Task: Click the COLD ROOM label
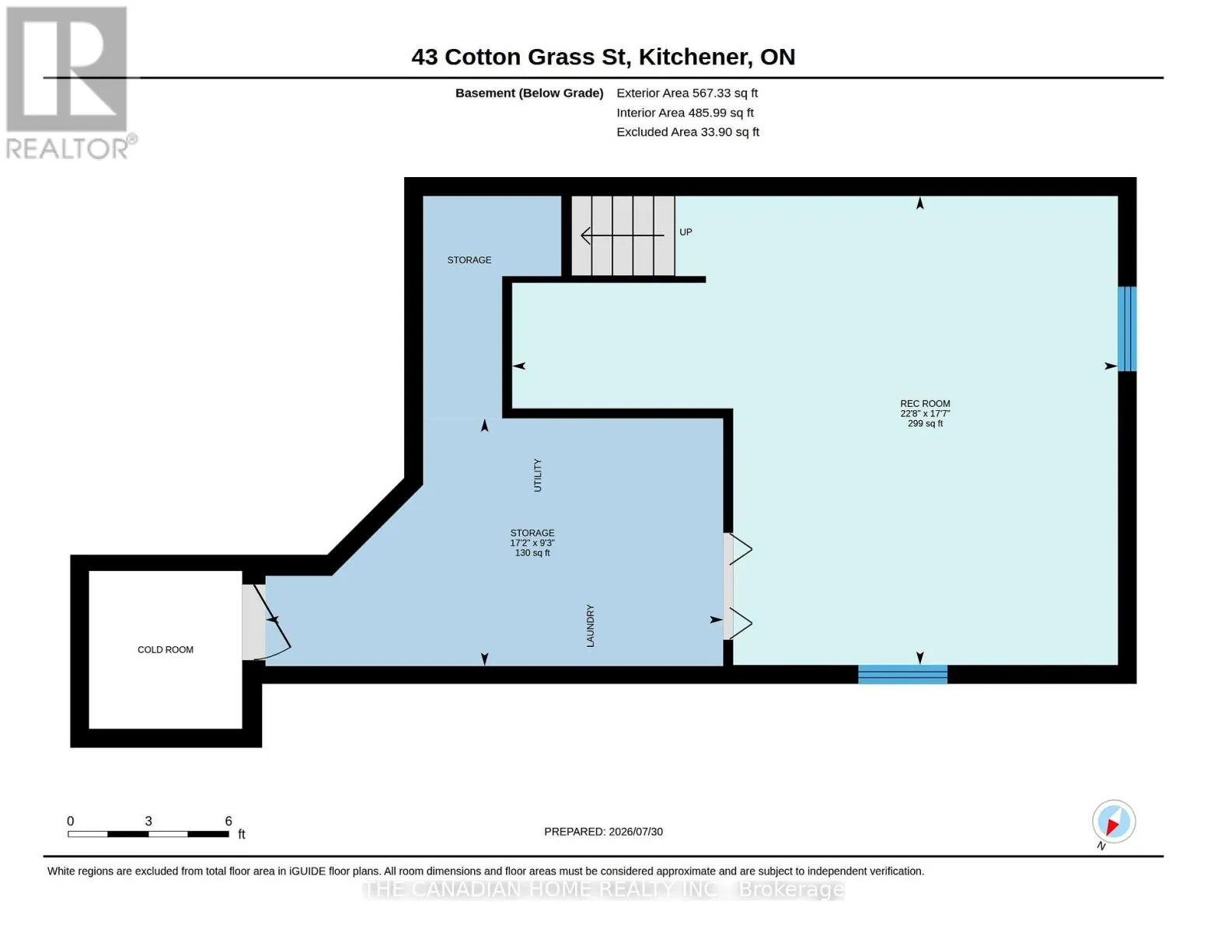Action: coord(166,649)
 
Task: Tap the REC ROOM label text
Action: coord(925,404)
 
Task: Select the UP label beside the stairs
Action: coord(685,232)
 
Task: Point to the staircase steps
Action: coord(623,235)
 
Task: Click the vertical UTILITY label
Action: coord(537,475)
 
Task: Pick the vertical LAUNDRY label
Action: coord(590,625)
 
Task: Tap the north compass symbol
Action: coord(1113,822)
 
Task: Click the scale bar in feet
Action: coord(148,833)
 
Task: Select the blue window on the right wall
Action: coord(1127,329)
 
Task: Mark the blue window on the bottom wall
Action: coord(902,674)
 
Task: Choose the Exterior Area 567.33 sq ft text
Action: coord(687,93)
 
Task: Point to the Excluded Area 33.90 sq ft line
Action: coord(688,132)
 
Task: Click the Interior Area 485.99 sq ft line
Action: coord(685,113)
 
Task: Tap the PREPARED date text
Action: coord(603,832)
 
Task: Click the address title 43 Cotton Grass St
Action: coord(521,57)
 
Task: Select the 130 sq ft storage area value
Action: coord(532,553)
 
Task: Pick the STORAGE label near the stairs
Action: coord(469,259)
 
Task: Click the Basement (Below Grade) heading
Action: coord(529,93)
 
